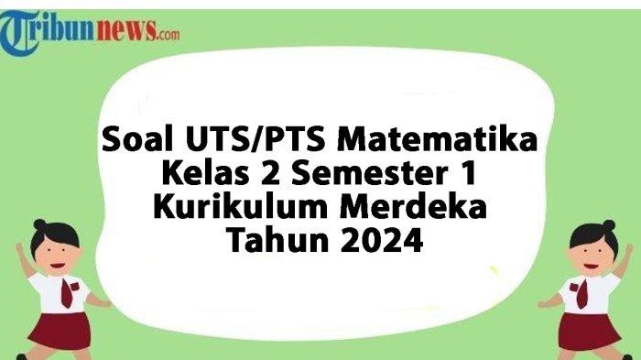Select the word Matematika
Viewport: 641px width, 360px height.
click(440, 141)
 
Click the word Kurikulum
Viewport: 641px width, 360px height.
click(229, 207)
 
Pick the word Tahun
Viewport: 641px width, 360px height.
click(274, 241)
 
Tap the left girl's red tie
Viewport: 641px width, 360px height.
click(66, 292)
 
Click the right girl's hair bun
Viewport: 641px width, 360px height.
click(608, 225)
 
